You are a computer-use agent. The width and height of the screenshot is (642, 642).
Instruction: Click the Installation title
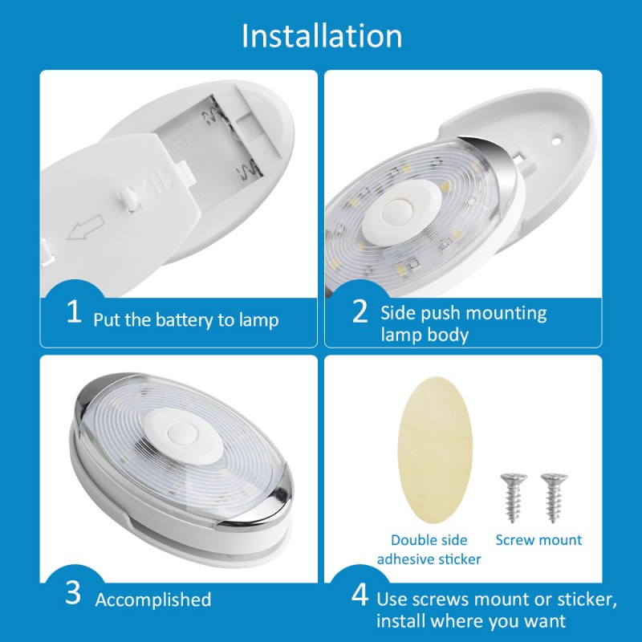pyautogui.click(x=322, y=36)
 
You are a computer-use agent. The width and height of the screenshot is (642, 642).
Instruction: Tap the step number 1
pyautogui.click(x=74, y=311)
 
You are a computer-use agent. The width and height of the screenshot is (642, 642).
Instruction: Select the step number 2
pyautogui.click(x=360, y=311)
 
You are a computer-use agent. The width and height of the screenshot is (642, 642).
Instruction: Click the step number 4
pyautogui.click(x=360, y=595)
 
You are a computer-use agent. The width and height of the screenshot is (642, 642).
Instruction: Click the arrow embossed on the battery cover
pyautogui.click(x=85, y=228)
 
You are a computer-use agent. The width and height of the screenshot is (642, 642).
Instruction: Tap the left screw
pyautogui.click(x=514, y=498)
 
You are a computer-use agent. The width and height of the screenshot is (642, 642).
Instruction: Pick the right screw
pyautogui.click(x=554, y=498)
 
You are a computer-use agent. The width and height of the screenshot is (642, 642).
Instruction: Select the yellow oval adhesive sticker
pyautogui.click(x=435, y=449)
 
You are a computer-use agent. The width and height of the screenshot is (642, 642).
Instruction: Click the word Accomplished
pyautogui.click(x=153, y=600)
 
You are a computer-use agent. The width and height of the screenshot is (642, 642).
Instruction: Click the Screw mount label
pyautogui.click(x=538, y=540)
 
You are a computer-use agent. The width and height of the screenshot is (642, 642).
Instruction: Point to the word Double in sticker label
pyautogui.click(x=413, y=540)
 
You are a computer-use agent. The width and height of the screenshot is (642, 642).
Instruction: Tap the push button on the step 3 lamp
pyautogui.click(x=183, y=434)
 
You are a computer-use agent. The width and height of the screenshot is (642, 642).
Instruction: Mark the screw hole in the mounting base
pyautogui.click(x=556, y=141)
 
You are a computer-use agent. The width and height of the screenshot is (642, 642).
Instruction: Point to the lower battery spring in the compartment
pyautogui.click(x=248, y=170)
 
